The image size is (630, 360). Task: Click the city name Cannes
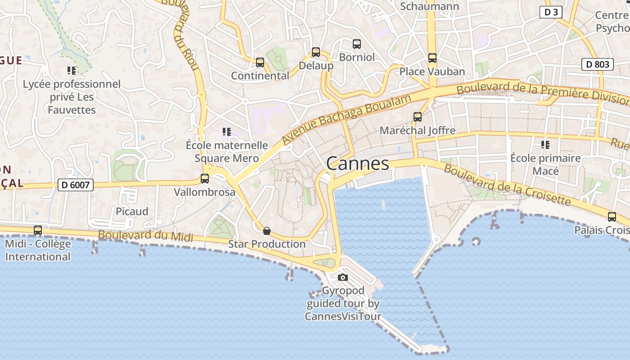coord(358,163)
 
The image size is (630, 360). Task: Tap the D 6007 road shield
coord(75,184)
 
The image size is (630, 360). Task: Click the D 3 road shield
coord(551,12)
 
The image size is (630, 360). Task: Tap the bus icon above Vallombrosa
coord(205,179)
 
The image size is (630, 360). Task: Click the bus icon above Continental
coord(260,63)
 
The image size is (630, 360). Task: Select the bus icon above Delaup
coord(316,52)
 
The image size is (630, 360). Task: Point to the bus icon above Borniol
coord(357,44)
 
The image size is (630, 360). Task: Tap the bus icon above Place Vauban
coord(432,58)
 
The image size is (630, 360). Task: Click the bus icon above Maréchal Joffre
coord(418,117)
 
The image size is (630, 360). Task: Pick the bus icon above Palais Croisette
coord(612,217)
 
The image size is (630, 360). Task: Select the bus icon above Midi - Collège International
coord(38,230)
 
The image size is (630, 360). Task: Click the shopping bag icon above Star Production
coord(267,231)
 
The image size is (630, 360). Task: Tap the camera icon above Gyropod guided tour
coord(343,277)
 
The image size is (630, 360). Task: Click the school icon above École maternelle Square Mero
coord(227,132)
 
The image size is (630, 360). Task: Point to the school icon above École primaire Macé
coord(545,145)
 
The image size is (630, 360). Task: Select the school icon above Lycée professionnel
coord(72,71)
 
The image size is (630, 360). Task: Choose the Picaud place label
coord(132,211)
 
